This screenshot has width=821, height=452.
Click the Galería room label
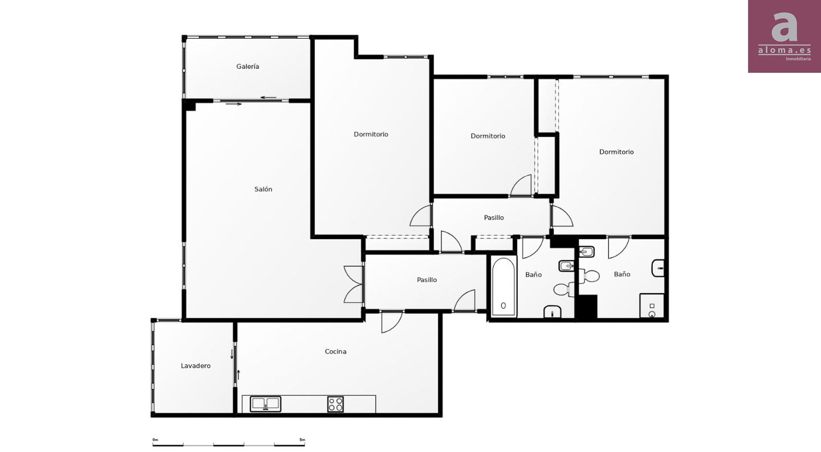coord(247,67)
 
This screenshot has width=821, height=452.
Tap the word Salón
coord(263,189)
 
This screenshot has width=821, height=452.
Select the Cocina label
coord(335,351)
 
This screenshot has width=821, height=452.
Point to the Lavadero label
coord(196,365)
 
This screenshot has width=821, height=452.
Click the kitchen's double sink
coord(265,404)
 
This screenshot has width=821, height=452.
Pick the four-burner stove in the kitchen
coord(335,404)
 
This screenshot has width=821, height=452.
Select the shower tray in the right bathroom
coord(652,306)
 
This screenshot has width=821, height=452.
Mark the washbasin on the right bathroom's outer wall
coord(659,268)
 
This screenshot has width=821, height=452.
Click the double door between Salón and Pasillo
coord(354,285)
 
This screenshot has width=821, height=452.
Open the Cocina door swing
coord(392,322)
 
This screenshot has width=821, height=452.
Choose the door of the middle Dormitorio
coord(521,186)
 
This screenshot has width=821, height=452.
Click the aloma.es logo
coord(785,36)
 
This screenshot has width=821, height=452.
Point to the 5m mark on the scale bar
coord(302,439)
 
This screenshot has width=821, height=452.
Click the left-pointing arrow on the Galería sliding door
coord(269,98)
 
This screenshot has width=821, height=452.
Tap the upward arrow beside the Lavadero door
coord(238,375)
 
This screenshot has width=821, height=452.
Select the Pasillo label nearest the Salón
coord(426,280)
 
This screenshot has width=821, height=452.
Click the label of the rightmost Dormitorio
coord(616,152)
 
